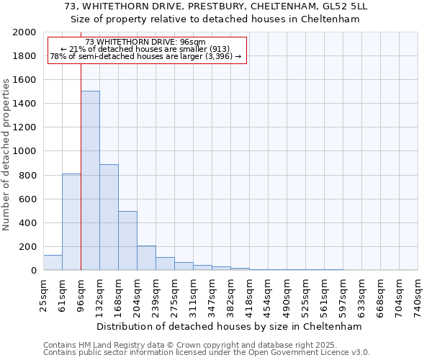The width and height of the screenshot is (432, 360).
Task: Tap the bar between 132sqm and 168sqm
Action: [x=109, y=217]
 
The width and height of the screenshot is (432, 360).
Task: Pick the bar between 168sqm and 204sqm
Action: [x=127, y=240]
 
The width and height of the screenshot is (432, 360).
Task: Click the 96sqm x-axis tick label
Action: [x=81, y=293]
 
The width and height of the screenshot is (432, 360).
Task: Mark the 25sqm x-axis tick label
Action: [x=44, y=293]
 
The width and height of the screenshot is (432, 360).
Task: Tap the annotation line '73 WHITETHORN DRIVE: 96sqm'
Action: [x=145, y=42]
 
